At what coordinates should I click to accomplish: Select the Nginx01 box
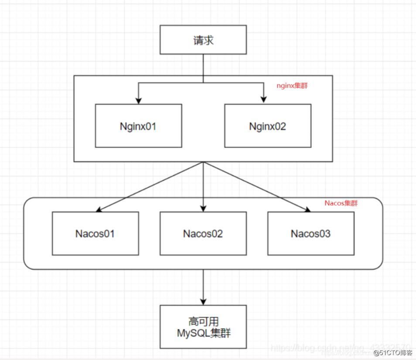[138, 126]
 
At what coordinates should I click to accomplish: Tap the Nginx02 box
[268, 126]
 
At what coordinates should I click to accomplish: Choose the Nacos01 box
[95, 233]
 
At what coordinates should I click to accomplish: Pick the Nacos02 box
[203, 233]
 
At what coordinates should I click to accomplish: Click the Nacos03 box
[311, 233]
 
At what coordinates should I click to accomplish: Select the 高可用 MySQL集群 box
[203, 327]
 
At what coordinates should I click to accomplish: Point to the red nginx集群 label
[292, 86]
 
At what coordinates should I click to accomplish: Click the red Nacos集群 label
[341, 203]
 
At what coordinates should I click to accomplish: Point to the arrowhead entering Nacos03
[307, 210]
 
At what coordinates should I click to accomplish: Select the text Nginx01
[138, 126]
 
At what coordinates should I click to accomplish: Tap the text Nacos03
[311, 234]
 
